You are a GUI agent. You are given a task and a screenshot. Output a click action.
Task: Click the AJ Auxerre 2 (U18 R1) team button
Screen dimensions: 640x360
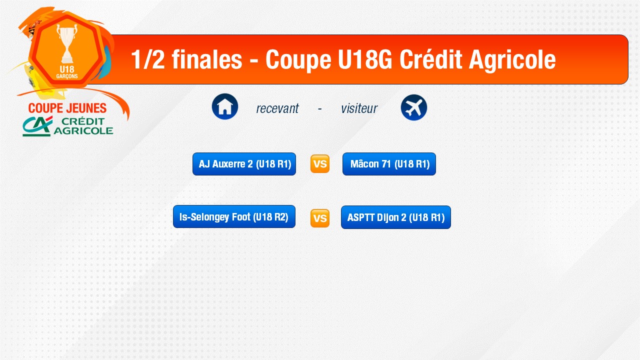(x=244, y=164)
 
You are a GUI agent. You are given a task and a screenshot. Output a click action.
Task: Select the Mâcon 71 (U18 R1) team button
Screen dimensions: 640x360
(x=389, y=164)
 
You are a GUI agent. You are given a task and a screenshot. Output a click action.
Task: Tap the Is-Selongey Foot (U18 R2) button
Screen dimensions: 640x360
(x=234, y=216)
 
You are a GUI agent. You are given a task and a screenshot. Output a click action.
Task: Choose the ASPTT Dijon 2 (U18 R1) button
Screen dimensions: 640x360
(x=396, y=217)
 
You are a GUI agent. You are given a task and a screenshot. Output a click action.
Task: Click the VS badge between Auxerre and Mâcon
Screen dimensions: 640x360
(x=320, y=164)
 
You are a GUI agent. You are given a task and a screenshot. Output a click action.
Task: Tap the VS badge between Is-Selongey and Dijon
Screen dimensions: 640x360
(x=320, y=218)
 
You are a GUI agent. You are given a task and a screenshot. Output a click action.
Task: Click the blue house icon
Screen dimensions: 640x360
(x=225, y=106)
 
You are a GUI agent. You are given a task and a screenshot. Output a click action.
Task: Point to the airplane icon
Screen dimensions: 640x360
(x=414, y=107)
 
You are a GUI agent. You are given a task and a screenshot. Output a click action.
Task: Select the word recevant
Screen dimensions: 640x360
(x=277, y=108)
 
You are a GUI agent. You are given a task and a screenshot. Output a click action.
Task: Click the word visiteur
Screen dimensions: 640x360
(x=359, y=108)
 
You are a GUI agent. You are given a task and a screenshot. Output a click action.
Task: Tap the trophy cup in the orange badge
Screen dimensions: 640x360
(x=67, y=43)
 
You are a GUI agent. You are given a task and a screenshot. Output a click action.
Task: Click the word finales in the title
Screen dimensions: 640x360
(x=207, y=59)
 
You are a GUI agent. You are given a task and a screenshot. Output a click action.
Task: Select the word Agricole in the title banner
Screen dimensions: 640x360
(x=512, y=60)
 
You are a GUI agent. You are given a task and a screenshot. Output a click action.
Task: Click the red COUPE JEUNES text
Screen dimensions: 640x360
(x=67, y=108)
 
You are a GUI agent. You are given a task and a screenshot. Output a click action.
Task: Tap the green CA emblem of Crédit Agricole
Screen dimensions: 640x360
(x=37, y=126)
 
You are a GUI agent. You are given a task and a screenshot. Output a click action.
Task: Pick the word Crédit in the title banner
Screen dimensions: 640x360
(x=430, y=59)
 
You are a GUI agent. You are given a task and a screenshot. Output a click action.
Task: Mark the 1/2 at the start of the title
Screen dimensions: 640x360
(x=148, y=59)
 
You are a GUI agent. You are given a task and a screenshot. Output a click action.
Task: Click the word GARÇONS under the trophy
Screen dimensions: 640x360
(x=67, y=76)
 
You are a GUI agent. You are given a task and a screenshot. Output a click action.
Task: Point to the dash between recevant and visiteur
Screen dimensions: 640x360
(x=319, y=108)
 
